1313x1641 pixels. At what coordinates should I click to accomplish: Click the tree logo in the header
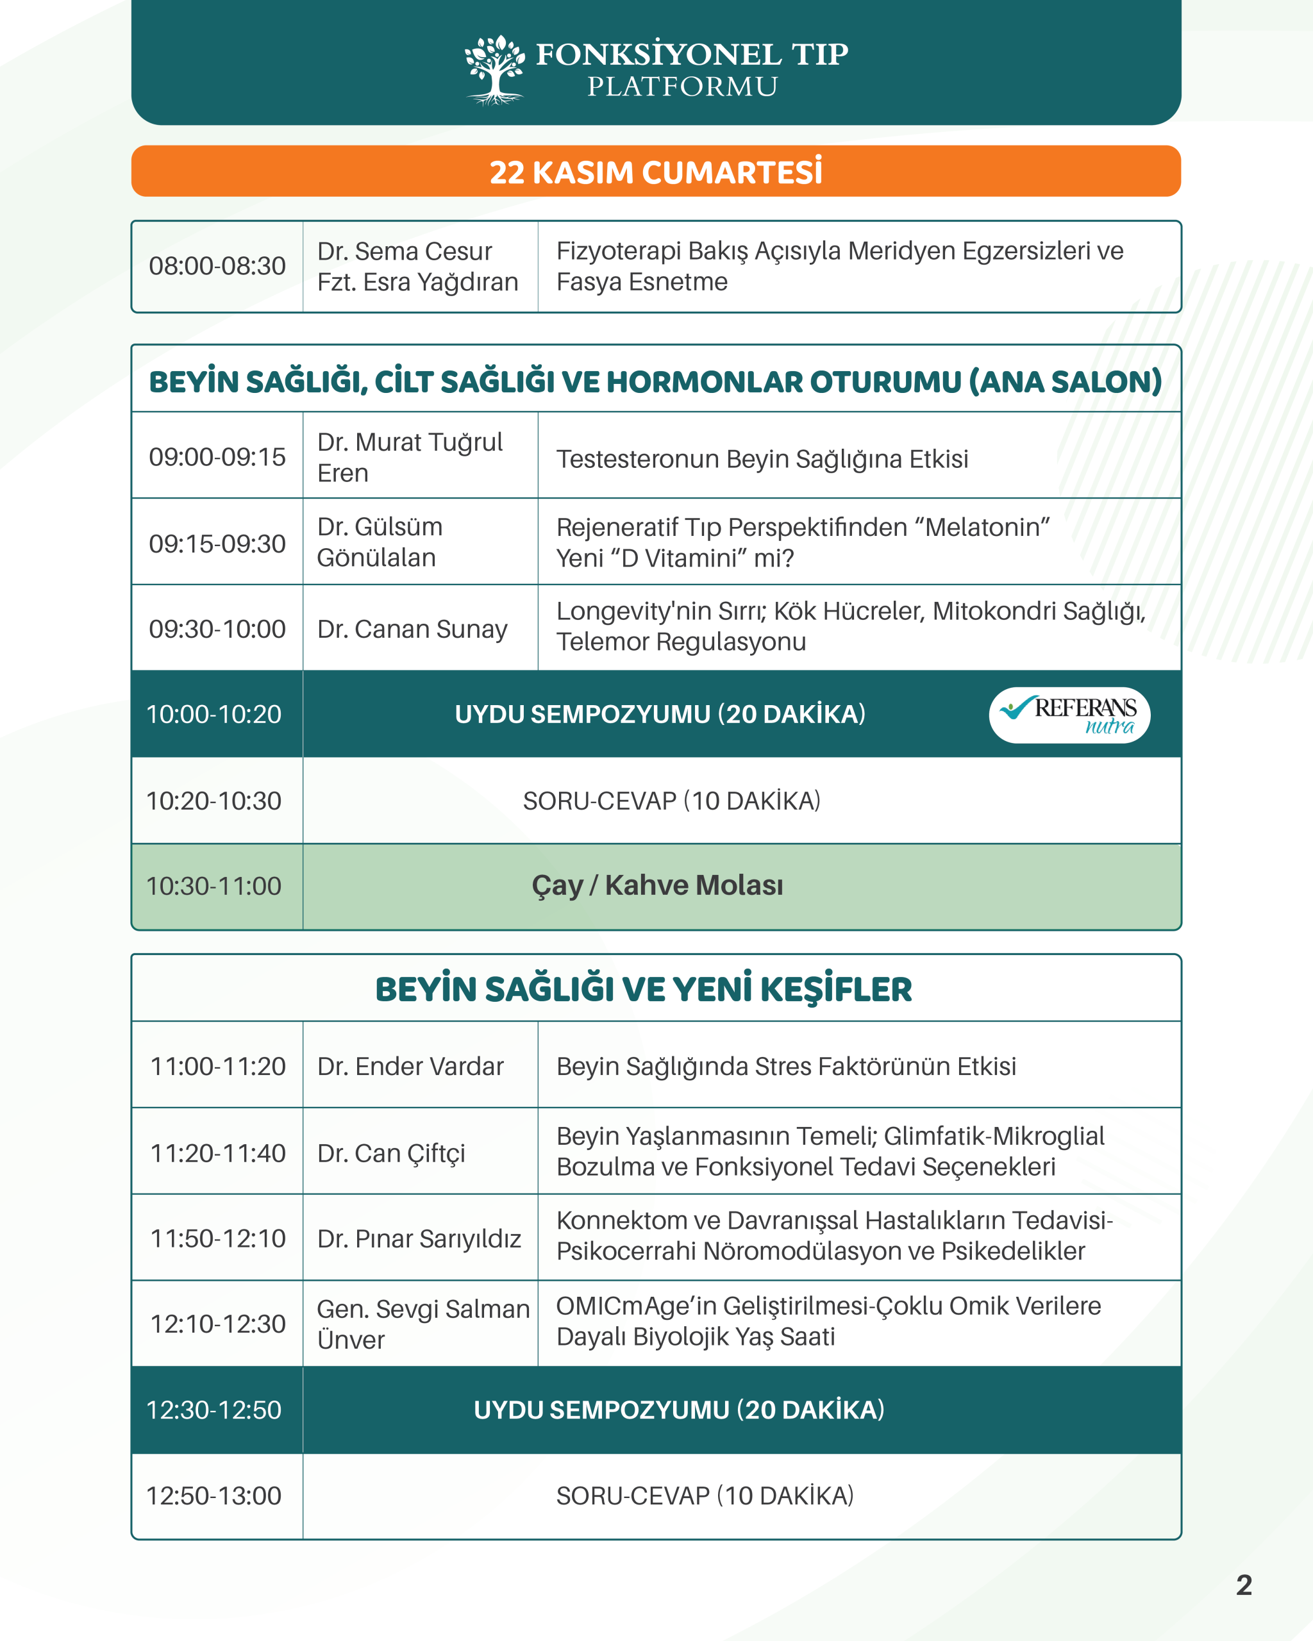click(x=495, y=69)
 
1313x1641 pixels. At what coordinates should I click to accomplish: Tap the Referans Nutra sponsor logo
click(x=1069, y=715)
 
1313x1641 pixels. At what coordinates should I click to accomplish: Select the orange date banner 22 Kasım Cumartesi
click(x=655, y=172)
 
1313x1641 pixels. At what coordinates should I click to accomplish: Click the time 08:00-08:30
click(x=217, y=267)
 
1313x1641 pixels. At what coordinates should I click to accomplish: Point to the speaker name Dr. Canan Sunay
click(x=412, y=629)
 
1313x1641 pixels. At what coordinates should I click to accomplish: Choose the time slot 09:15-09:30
click(x=217, y=544)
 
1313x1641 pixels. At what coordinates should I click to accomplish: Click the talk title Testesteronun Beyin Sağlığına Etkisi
click(x=762, y=459)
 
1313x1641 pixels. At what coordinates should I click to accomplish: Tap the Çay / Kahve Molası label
click(x=657, y=885)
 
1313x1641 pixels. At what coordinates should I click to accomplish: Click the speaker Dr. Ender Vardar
click(x=410, y=1067)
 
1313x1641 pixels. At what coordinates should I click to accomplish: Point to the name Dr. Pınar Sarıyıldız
click(x=419, y=1238)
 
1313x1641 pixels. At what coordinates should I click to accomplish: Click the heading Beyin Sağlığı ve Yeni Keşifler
click(x=643, y=988)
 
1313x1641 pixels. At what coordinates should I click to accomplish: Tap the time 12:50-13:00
click(x=214, y=1495)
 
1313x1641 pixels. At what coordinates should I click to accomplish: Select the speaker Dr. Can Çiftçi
click(x=391, y=1153)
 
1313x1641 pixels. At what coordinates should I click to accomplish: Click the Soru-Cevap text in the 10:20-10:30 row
click(x=671, y=801)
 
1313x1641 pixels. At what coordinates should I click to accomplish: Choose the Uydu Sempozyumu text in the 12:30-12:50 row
click(x=679, y=1410)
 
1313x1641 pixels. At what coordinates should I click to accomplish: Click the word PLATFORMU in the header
click(x=682, y=87)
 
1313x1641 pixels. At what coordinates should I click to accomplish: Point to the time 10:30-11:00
click(x=214, y=886)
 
